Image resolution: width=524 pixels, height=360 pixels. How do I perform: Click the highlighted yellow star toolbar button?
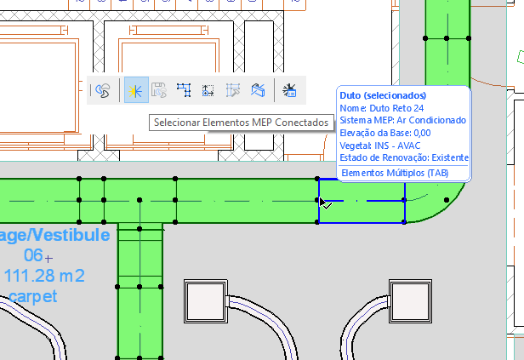pos(135,89)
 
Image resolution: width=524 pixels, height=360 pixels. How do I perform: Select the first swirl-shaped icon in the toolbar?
pos(103,89)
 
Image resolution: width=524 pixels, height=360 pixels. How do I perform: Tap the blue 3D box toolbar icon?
pos(259,89)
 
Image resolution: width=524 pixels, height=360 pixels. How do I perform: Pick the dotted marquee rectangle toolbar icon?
pos(208,89)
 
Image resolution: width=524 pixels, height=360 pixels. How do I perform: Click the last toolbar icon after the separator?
pos(289,89)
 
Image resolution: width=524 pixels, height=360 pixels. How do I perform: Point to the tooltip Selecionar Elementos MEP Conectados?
pos(240,123)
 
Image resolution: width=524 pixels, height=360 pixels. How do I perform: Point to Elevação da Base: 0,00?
pos(384,133)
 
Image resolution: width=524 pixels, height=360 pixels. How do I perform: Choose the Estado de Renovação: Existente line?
pos(403,158)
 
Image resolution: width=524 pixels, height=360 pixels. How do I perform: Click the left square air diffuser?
pos(203,300)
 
